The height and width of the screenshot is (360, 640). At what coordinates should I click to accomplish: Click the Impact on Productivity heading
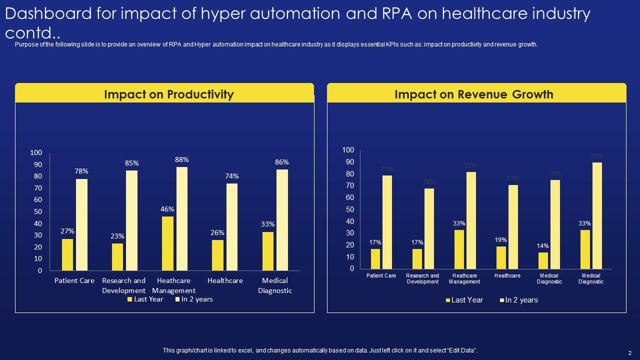coord(168,94)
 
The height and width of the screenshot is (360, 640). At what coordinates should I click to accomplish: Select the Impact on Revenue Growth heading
coord(473,94)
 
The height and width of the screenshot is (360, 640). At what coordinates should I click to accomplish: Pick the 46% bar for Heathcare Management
coord(167,243)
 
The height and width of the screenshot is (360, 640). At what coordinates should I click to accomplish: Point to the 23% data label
coord(117,236)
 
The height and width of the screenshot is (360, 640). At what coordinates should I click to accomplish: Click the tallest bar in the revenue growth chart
coord(597,215)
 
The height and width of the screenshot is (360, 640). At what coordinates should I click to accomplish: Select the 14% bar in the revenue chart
coord(543,260)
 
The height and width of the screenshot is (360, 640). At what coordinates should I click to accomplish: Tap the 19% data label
coord(501,240)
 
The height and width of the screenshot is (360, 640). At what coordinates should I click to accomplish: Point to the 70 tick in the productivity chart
coord(38,188)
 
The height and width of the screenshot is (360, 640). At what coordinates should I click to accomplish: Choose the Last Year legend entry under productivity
coord(145,299)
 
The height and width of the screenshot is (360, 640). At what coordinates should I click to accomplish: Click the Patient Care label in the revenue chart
coord(381,276)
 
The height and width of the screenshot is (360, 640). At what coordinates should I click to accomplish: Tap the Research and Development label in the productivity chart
coord(123,285)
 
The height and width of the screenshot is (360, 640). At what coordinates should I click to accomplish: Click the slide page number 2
coord(630,352)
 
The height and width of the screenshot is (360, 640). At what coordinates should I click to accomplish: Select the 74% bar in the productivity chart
coord(232,227)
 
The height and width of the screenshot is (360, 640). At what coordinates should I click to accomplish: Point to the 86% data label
coord(282,162)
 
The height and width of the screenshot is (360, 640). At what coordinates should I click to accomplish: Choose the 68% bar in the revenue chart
coord(429,228)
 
